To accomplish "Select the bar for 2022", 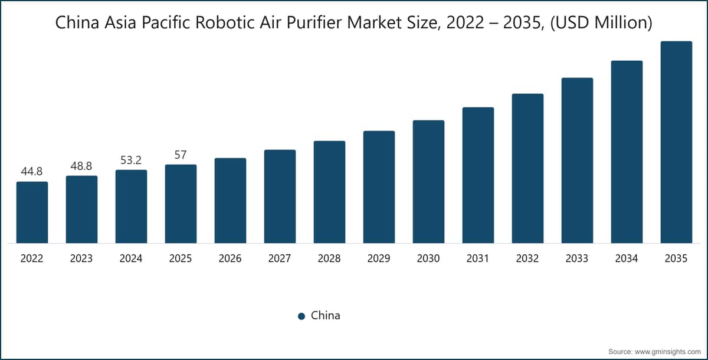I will click(x=32, y=212).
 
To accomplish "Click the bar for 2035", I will click(x=676, y=142).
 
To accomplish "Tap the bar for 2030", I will click(x=428, y=181).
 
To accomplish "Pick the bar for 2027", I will click(x=280, y=196).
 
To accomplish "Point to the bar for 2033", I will click(x=577, y=160).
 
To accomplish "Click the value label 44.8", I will click(x=32, y=172).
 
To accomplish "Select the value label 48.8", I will click(x=81, y=166).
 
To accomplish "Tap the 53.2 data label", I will click(x=131, y=160).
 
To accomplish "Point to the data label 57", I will click(x=181, y=155).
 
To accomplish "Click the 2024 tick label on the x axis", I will click(x=131, y=258).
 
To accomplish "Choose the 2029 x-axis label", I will click(x=379, y=258).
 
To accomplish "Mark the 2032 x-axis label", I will click(x=527, y=258).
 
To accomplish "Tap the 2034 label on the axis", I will click(x=627, y=258).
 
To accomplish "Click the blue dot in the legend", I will click(x=301, y=316).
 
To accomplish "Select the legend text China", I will click(x=326, y=315).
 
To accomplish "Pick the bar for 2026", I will click(x=230, y=200).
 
